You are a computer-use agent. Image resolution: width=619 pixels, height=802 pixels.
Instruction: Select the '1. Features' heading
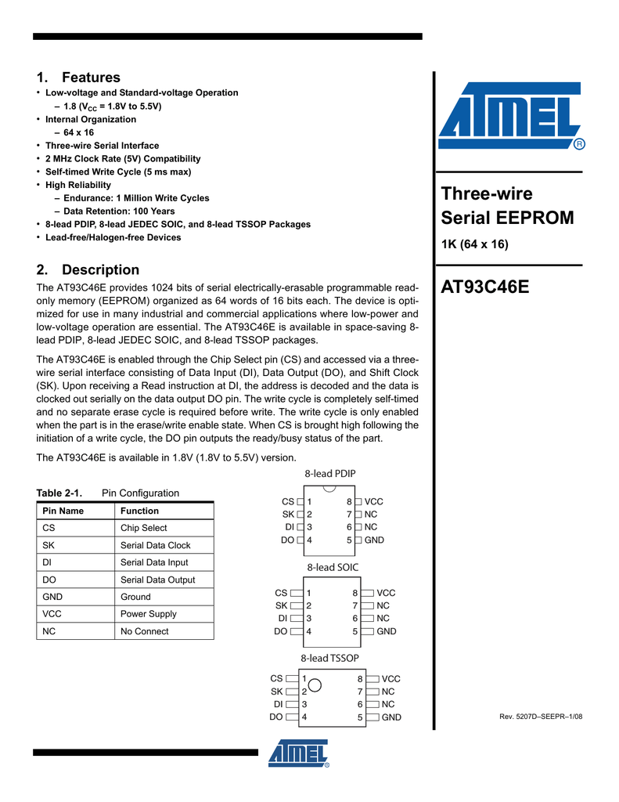78,78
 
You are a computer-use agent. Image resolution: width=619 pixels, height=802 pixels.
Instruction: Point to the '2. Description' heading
88,269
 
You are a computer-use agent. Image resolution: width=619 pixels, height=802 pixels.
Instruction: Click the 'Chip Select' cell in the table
143,528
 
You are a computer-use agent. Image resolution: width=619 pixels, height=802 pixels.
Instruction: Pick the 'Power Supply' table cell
148,614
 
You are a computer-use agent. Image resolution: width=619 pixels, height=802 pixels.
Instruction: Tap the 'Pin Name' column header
63,511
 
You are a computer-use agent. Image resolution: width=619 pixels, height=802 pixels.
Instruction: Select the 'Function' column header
139,511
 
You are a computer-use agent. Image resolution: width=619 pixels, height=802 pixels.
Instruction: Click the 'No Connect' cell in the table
144,631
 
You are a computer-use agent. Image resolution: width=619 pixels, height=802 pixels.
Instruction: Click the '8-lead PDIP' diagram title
329,474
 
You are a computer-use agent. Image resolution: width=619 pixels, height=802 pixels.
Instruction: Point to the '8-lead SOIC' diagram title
333,566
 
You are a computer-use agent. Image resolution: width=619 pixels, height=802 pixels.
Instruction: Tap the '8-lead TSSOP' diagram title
329,658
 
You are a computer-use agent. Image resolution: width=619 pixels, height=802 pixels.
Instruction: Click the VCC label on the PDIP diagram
374,501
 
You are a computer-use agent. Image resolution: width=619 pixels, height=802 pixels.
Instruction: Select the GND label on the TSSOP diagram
391,717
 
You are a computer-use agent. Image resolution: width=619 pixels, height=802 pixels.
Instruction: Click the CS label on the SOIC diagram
282,594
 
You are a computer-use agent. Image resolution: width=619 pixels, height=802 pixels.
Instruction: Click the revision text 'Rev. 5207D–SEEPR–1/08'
541,717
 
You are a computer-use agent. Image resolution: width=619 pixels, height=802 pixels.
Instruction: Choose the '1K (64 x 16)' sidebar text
475,244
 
